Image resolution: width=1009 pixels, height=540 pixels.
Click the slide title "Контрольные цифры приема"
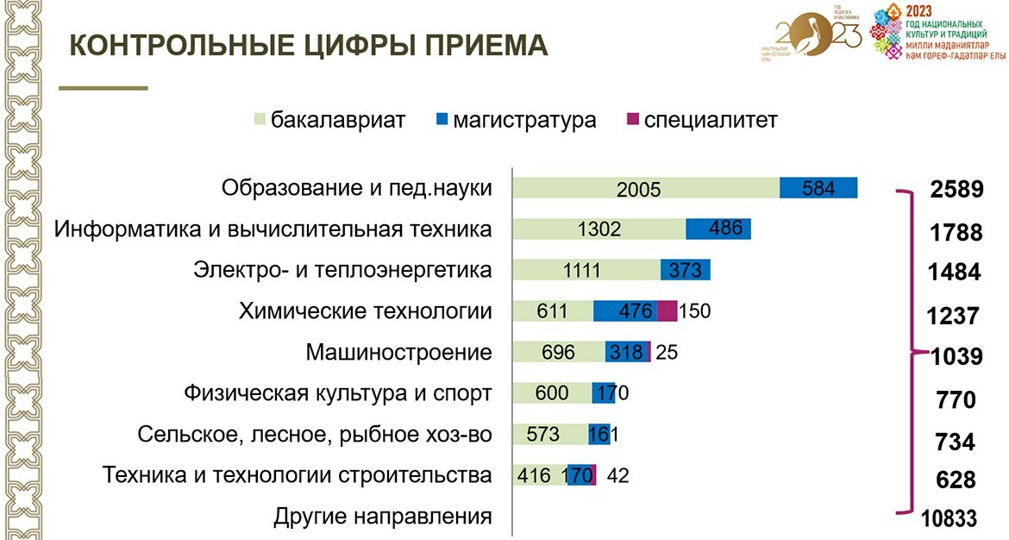point(308,46)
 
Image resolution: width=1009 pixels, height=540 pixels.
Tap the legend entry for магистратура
point(516,120)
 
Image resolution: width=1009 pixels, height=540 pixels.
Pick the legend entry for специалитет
point(701,120)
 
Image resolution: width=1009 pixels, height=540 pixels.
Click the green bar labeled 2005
point(645,188)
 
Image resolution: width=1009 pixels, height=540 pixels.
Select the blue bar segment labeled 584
point(818,188)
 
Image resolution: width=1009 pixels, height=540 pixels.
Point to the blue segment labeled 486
point(718,229)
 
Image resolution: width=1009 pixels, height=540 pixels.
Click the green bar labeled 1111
point(586,270)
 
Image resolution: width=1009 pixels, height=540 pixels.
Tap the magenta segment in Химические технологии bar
point(667,311)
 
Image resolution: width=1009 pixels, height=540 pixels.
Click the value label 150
point(695,311)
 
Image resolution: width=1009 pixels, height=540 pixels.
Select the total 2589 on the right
point(956,190)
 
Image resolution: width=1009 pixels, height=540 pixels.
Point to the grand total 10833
point(949,518)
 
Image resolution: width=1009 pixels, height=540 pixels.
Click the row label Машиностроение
point(398,352)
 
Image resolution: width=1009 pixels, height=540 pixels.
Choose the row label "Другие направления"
point(383,517)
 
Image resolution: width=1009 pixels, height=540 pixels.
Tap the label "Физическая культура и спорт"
point(338,393)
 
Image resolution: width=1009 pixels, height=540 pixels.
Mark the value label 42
point(618,474)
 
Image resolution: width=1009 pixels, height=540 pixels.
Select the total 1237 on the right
point(953,316)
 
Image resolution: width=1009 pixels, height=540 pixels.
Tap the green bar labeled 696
point(559,352)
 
